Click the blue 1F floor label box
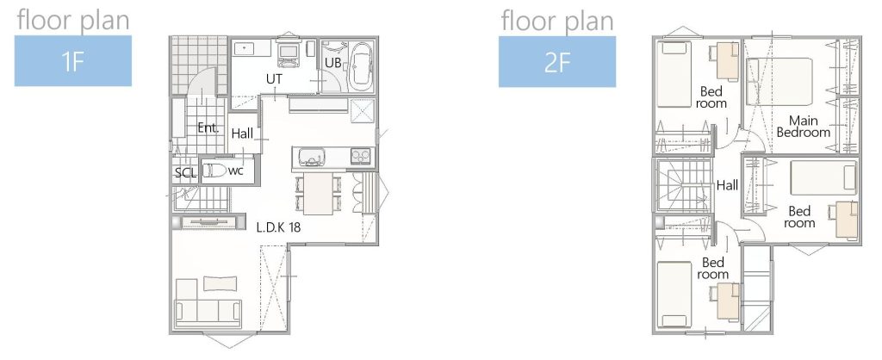[x=73, y=61]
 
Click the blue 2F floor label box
[x=557, y=62]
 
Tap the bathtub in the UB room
[x=361, y=66]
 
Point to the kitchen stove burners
[x=361, y=155]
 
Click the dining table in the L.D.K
[x=318, y=193]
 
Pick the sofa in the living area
[x=208, y=304]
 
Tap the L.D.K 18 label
[x=278, y=228]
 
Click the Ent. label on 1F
[x=208, y=128]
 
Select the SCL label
[x=186, y=173]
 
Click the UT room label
[x=274, y=79]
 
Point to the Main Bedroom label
[x=803, y=127]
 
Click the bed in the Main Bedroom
[x=780, y=81]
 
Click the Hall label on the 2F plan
[x=727, y=185]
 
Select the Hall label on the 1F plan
[x=242, y=133]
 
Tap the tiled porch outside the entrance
[x=199, y=65]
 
